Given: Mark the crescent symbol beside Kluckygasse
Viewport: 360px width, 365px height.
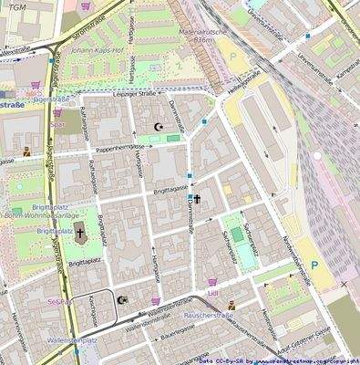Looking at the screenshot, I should tap(123, 299).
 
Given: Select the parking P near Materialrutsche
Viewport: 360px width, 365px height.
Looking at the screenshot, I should tap(233, 56).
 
